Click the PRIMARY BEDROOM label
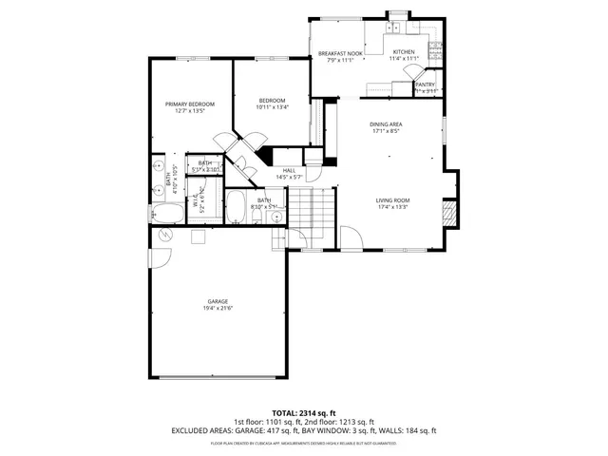[x=189, y=104]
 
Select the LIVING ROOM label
[x=392, y=200]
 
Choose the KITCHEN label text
[x=404, y=52]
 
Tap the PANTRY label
[x=425, y=85]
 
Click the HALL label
[x=289, y=170]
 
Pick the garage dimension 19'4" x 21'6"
[x=218, y=308]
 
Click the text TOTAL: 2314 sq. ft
[x=304, y=413]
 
